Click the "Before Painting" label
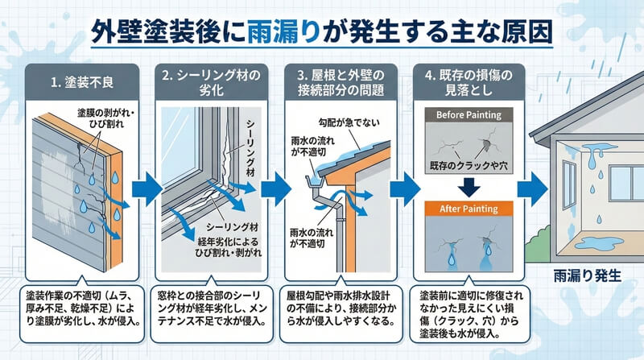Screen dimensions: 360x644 [468, 114]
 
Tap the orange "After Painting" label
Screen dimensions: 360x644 [468, 209]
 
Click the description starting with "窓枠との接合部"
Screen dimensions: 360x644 [213, 305]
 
